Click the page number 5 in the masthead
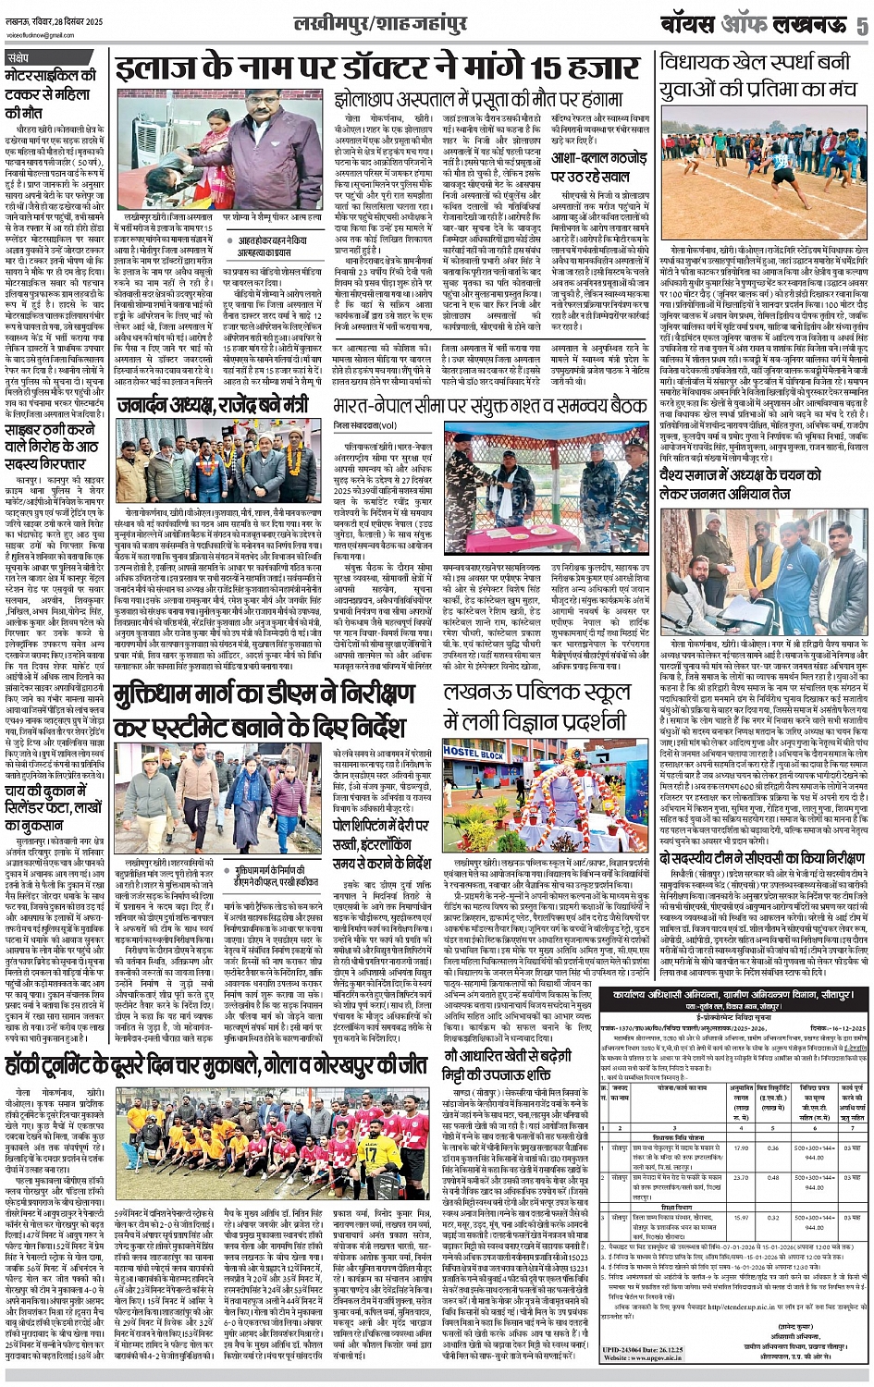(x=861, y=26)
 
